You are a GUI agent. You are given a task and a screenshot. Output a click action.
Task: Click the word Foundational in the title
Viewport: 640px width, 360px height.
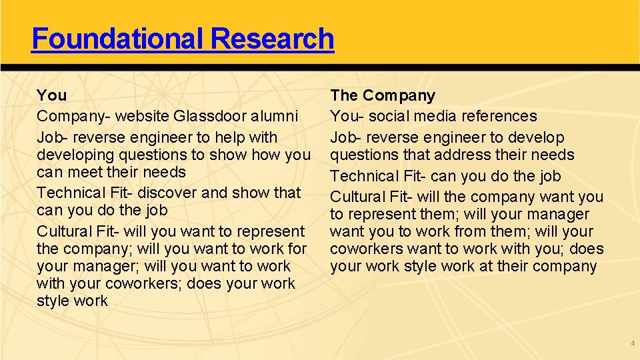point(116,39)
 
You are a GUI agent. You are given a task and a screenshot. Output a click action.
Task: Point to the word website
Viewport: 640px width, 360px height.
point(142,117)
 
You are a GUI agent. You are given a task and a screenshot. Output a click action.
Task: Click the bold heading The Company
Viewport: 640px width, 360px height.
point(383,96)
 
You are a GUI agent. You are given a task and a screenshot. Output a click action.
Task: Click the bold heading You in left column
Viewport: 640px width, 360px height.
point(51,96)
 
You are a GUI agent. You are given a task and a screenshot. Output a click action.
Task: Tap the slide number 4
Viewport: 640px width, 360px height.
point(632,343)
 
